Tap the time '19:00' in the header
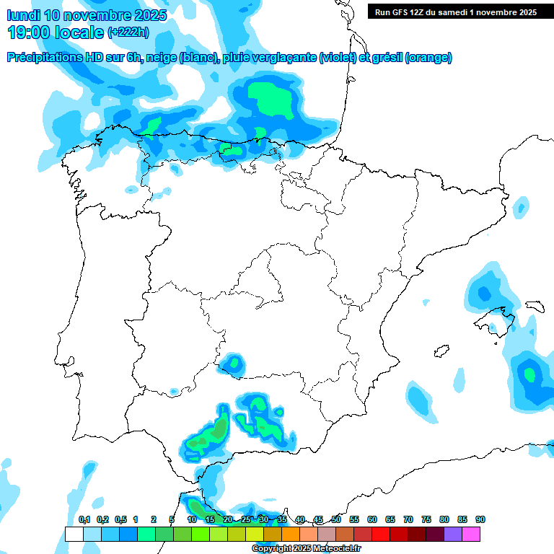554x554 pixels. [x=29, y=32]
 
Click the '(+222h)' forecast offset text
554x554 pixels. [x=128, y=32]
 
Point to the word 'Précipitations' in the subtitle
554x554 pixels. [x=43, y=58]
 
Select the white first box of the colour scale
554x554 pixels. [x=74, y=534]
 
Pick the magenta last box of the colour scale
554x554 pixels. [x=471, y=534]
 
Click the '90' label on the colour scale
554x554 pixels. [x=480, y=519]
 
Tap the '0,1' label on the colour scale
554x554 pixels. [x=84, y=519]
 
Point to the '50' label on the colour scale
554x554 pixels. [x=336, y=519]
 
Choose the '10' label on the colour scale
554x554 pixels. [x=192, y=519]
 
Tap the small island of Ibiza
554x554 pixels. [x=438, y=351]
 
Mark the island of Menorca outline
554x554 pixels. [x=534, y=306]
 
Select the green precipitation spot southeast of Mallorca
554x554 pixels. [x=530, y=374]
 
